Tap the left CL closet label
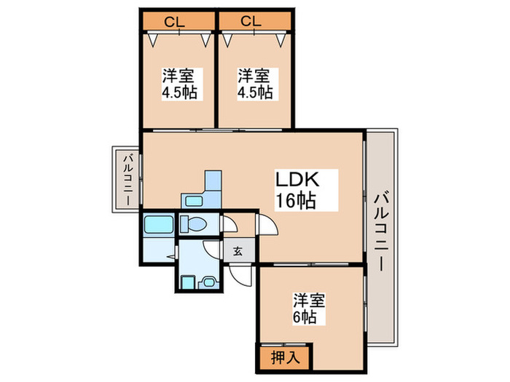[173, 20]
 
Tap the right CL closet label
[251, 20]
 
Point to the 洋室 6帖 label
[309, 309]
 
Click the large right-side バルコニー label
[382, 231]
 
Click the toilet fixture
[194, 224]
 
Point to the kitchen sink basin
[194, 202]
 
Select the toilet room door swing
[229, 225]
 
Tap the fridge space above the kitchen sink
[213, 181]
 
